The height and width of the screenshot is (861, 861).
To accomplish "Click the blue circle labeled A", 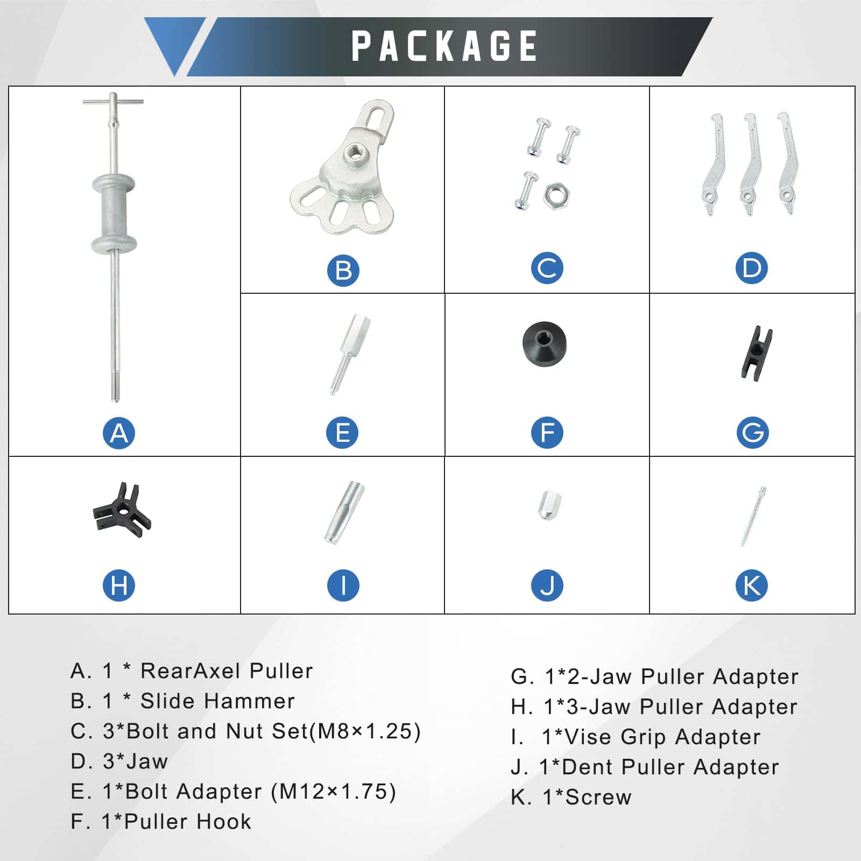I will click(x=119, y=433).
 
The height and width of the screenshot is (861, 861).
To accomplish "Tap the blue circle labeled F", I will click(x=547, y=433).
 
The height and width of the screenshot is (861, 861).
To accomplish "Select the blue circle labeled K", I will click(x=751, y=585).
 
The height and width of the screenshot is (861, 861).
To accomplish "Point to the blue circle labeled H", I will click(x=119, y=585).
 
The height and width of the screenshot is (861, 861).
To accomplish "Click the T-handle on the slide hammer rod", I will click(x=113, y=102).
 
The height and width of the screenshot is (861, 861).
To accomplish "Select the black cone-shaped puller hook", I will click(x=544, y=344).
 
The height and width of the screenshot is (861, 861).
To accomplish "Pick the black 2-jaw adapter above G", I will click(x=757, y=354).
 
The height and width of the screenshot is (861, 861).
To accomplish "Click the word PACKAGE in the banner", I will click(x=444, y=46).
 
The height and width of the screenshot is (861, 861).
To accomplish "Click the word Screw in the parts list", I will click(x=598, y=797).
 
